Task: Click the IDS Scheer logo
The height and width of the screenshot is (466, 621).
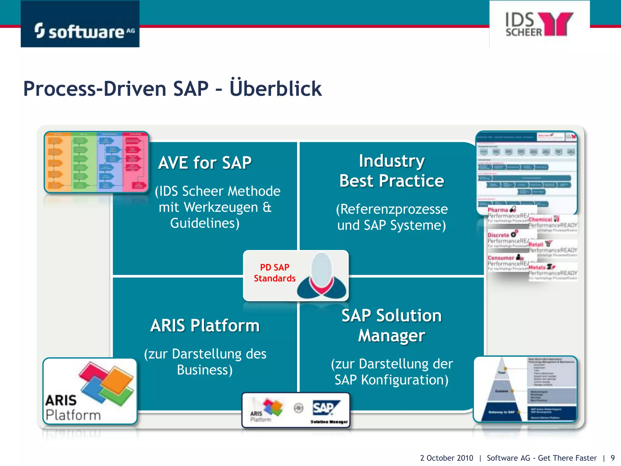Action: [539, 24]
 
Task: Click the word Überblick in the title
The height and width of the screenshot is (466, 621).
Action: [275, 89]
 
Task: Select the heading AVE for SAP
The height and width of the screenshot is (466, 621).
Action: [205, 163]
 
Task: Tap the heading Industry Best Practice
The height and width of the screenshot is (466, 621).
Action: [391, 171]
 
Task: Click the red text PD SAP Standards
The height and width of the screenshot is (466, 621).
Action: [274, 273]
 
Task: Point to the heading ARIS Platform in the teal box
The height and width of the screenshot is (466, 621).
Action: [205, 326]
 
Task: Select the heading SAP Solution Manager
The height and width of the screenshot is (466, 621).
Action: [391, 325]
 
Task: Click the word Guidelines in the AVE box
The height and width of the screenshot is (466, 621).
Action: [205, 223]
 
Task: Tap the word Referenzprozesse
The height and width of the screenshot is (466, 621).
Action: [392, 209]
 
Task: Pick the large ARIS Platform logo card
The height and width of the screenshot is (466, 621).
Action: [90, 391]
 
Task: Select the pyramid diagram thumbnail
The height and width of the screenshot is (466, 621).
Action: [525, 390]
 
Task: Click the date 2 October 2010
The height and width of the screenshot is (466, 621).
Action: [446, 458]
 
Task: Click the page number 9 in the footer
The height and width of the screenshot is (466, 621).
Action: [613, 458]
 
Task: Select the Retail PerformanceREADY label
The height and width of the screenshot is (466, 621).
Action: [552, 247]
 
